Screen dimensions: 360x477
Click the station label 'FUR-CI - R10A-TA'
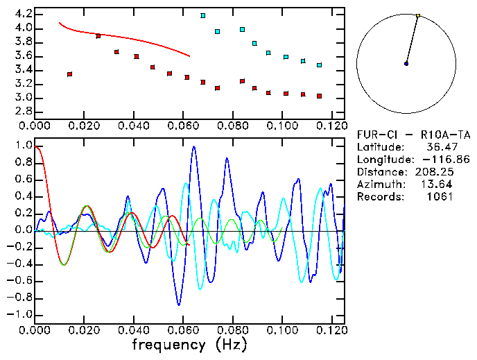(x=406, y=135)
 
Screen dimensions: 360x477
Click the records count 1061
(x=441, y=197)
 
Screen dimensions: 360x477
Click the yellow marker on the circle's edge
(x=418, y=15)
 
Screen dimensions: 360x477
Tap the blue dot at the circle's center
(x=406, y=64)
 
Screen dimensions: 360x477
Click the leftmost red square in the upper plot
(x=69, y=74)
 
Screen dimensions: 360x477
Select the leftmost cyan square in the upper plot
(x=202, y=15)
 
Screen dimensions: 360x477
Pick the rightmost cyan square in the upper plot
(x=319, y=65)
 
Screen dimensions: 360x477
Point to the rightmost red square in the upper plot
(x=319, y=96)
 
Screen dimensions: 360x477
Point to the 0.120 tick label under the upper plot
(x=331, y=126)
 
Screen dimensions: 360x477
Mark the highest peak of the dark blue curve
(x=194, y=147)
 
